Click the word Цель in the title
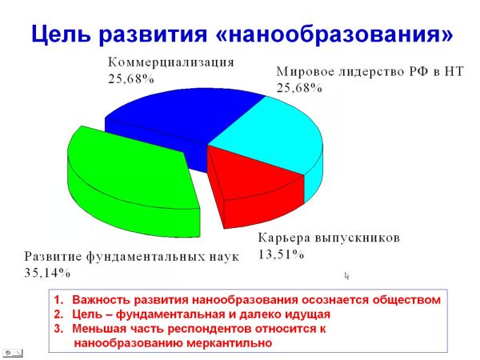pyautogui.click(x=61, y=34)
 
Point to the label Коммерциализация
pyautogui.click(x=171, y=62)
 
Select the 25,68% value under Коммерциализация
pyautogui.click(x=130, y=79)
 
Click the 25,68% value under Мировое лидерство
pyautogui.click(x=299, y=88)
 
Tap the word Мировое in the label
pyautogui.click(x=304, y=72)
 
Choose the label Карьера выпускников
pyautogui.click(x=329, y=238)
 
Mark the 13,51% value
pyautogui.click(x=281, y=254)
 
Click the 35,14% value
pyautogui.click(x=47, y=273)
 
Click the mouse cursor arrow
pyautogui.click(x=346, y=276)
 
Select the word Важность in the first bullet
pyautogui.click(x=102, y=300)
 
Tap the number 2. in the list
pyautogui.click(x=58, y=314)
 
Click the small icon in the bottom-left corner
pyautogui.click(x=12, y=354)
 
